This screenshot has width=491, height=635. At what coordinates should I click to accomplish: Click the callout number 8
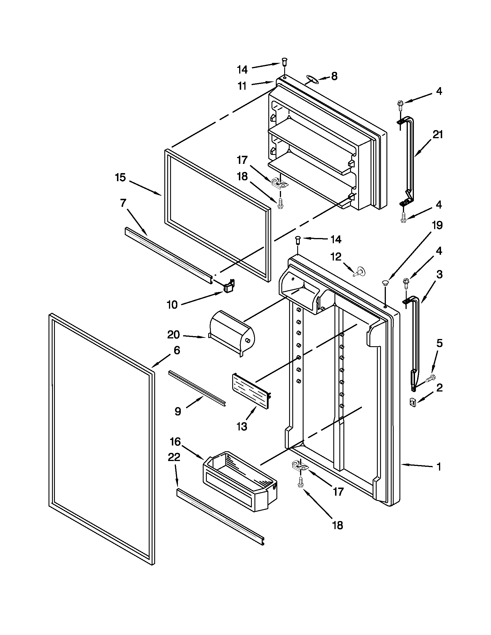pos(334,76)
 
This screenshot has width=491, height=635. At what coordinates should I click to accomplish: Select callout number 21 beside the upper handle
pos(438,135)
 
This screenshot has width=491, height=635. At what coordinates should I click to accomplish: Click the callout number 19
pos(437,225)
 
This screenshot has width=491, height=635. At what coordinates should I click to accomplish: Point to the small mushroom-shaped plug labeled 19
pos(385,282)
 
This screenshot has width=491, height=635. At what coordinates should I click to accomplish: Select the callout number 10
pos(172,305)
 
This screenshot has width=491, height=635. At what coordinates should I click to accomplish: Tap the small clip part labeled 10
pos(229,285)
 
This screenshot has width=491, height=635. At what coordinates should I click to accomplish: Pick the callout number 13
pos(241,426)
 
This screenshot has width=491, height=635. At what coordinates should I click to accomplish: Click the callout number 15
pos(120,177)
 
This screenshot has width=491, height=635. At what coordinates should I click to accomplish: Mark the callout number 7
pos(123,203)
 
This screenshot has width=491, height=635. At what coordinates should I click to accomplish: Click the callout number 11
pos(242,86)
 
